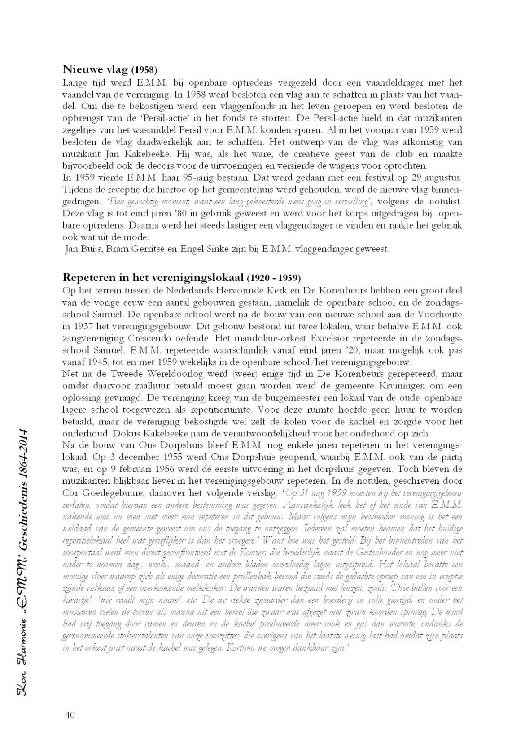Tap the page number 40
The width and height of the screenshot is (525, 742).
(70, 714)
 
